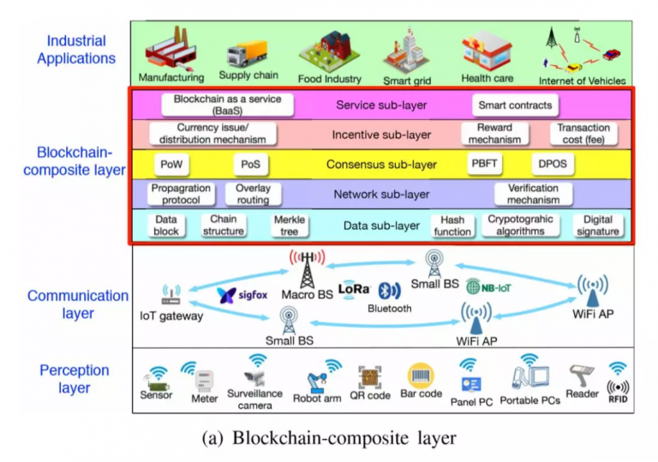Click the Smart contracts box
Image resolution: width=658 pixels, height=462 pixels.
[x=515, y=105]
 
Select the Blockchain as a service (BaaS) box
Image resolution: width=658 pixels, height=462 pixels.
[x=227, y=105]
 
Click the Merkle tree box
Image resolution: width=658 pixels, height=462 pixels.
[x=289, y=225]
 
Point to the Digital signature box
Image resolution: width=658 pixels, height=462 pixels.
[x=597, y=225]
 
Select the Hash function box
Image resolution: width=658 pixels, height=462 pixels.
[x=452, y=225]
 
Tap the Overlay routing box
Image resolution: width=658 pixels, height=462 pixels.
[x=253, y=195]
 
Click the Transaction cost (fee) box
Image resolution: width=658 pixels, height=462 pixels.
[x=583, y=134]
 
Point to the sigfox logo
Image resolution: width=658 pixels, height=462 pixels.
[x=242, y=295]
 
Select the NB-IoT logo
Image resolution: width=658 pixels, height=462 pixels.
[x=488, y=287]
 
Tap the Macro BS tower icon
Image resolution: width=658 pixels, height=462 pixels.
[x=306, y=267]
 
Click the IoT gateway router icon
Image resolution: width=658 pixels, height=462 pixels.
[x=170, y=296]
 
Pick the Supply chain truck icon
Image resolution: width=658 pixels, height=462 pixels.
[x=248, y=55]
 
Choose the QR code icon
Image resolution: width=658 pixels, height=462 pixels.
[x=370, y=377]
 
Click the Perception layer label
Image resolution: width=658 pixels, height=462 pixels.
[x=74, y=379]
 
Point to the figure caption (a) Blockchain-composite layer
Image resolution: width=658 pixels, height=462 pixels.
[x=329, y=438]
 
